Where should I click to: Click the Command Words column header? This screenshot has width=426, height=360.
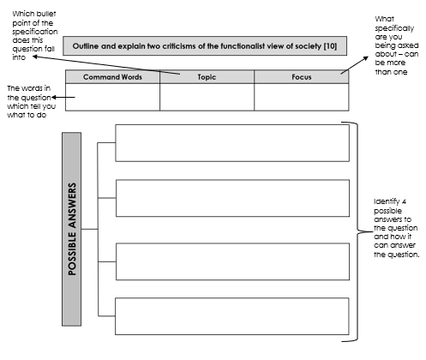pos(112,77)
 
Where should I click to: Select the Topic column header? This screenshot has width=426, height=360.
pos(207,77)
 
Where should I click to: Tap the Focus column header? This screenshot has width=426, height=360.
pos(302,77)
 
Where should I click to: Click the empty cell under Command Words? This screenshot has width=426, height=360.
pos(112,97)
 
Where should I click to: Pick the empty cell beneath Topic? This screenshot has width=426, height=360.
pos(207,97)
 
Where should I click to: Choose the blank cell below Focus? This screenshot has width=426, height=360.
pos(302,97)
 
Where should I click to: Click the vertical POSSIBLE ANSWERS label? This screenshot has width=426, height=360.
pos(72,229)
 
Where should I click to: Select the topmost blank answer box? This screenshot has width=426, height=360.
pos(232,143)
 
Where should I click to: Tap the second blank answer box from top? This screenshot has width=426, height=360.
pos(232,198)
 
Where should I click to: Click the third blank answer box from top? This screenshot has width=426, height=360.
pos(232,261)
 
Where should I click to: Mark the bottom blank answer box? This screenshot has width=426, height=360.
pos(232,316)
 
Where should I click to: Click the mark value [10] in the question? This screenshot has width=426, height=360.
pos(330,46)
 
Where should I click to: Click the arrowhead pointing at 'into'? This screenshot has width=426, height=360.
pos(35,57)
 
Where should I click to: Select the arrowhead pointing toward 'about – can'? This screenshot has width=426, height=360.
pos(365,58)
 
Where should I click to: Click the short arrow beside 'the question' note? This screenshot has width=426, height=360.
pos(63,97)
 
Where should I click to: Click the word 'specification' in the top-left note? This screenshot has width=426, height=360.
pos(35,32)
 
